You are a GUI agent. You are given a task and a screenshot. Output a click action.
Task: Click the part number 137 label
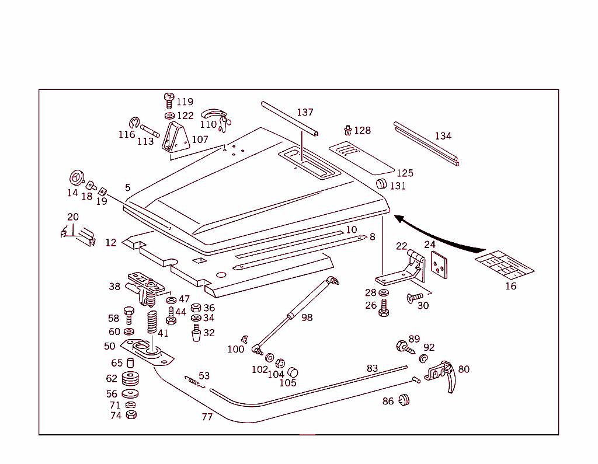[305, 112]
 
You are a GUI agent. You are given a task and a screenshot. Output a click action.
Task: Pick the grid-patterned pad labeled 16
[505, 264]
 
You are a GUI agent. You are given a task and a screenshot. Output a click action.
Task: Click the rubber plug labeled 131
[381, 184]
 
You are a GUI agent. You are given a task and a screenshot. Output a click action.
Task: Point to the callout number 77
[207, 417]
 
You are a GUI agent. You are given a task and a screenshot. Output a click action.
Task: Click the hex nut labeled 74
[131, 415]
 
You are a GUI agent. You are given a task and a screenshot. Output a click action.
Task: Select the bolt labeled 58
[129, 314]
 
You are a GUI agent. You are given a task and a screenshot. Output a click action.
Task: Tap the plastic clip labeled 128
[348, 129]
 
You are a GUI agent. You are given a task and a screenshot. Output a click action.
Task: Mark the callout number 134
[443, 136]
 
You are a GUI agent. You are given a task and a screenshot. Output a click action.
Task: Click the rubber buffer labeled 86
[403, 400]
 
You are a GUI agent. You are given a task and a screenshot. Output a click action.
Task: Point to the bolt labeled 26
[384, 307]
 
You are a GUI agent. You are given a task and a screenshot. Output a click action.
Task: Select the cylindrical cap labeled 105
[293, 372]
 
